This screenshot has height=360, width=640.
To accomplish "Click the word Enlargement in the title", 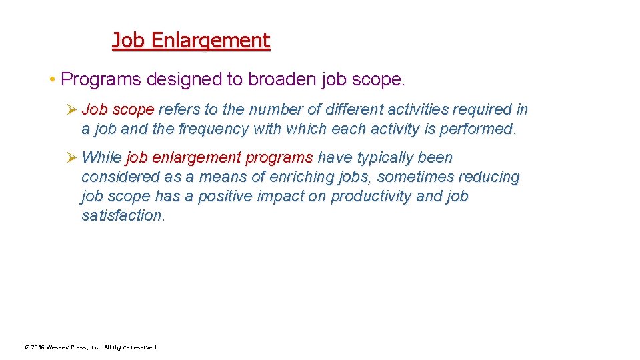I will click(210, 41).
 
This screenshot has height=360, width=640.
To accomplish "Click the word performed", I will click(480, 129).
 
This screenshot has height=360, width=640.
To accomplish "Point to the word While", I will click(101, 158).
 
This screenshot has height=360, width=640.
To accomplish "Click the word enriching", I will click(302, 177).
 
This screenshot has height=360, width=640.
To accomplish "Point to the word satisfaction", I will click(122, 216).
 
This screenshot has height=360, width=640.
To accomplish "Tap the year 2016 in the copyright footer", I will click(37, 347).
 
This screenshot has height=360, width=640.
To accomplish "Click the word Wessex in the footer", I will click(59, 347).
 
